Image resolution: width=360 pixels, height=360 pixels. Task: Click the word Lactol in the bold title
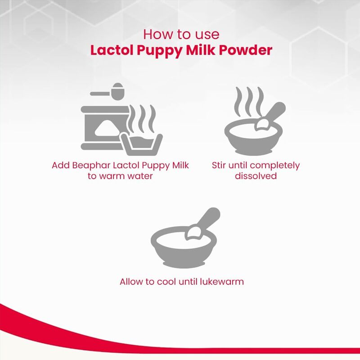(112, 50)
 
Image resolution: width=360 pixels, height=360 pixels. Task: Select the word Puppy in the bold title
(160, 51)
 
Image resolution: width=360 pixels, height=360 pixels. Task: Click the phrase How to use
(181, 34)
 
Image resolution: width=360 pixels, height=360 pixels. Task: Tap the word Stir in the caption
(218, 165)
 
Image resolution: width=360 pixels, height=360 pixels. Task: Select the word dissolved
(256, 176)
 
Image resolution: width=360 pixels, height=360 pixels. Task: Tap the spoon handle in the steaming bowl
(274, 113)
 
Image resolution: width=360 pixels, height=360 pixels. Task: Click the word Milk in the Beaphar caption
(180, 165)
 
